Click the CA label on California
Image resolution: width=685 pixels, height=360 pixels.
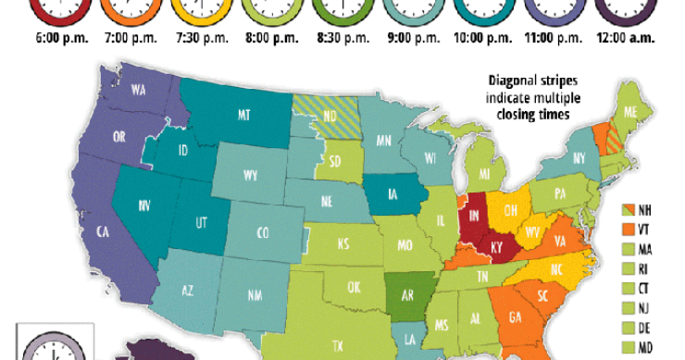[99, 233]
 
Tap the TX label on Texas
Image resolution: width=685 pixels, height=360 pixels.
[338, 345]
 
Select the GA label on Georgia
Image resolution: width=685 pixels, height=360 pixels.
[516, 319]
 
